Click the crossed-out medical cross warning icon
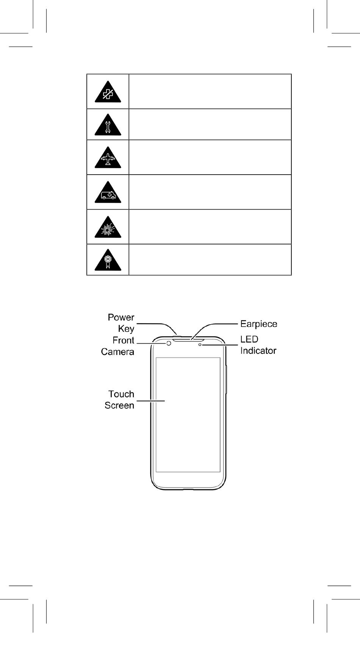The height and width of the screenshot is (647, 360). point(108,92)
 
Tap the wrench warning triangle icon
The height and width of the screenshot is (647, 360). point(108,125)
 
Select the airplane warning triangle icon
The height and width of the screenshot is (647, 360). point(108,158)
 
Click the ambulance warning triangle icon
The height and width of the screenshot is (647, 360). point(108,192)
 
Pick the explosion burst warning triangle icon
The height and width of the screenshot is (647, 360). point(108,227)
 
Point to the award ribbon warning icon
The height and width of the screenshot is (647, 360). point(108,260)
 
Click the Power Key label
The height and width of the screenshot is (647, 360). point(121,323)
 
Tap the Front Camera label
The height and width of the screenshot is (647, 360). point(117,346)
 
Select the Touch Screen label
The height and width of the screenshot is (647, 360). point(119,400)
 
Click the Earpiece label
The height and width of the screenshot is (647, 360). point(258,324)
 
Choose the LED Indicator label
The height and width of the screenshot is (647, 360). point(258,345)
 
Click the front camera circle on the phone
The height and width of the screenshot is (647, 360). point(169,344)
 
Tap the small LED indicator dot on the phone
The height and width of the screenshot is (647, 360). point(200,344)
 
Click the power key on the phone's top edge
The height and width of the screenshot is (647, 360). point(177,336)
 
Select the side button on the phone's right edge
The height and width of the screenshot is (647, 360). point(226,379)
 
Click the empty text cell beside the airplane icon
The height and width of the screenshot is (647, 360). point(210,157)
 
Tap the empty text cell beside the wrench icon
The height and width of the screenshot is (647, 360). point(210,124)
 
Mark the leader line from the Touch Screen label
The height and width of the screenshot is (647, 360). point(150,401)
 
